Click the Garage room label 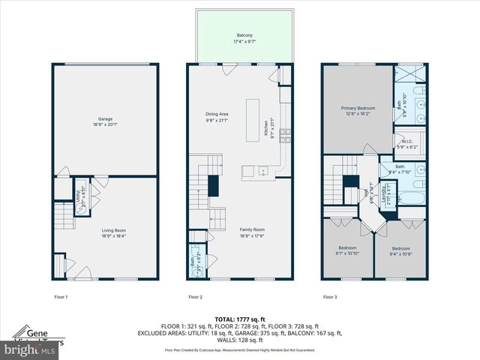coord(105,118)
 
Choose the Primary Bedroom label coord(357,108)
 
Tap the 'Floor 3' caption coord(330,297)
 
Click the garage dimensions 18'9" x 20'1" coord(105,124)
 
